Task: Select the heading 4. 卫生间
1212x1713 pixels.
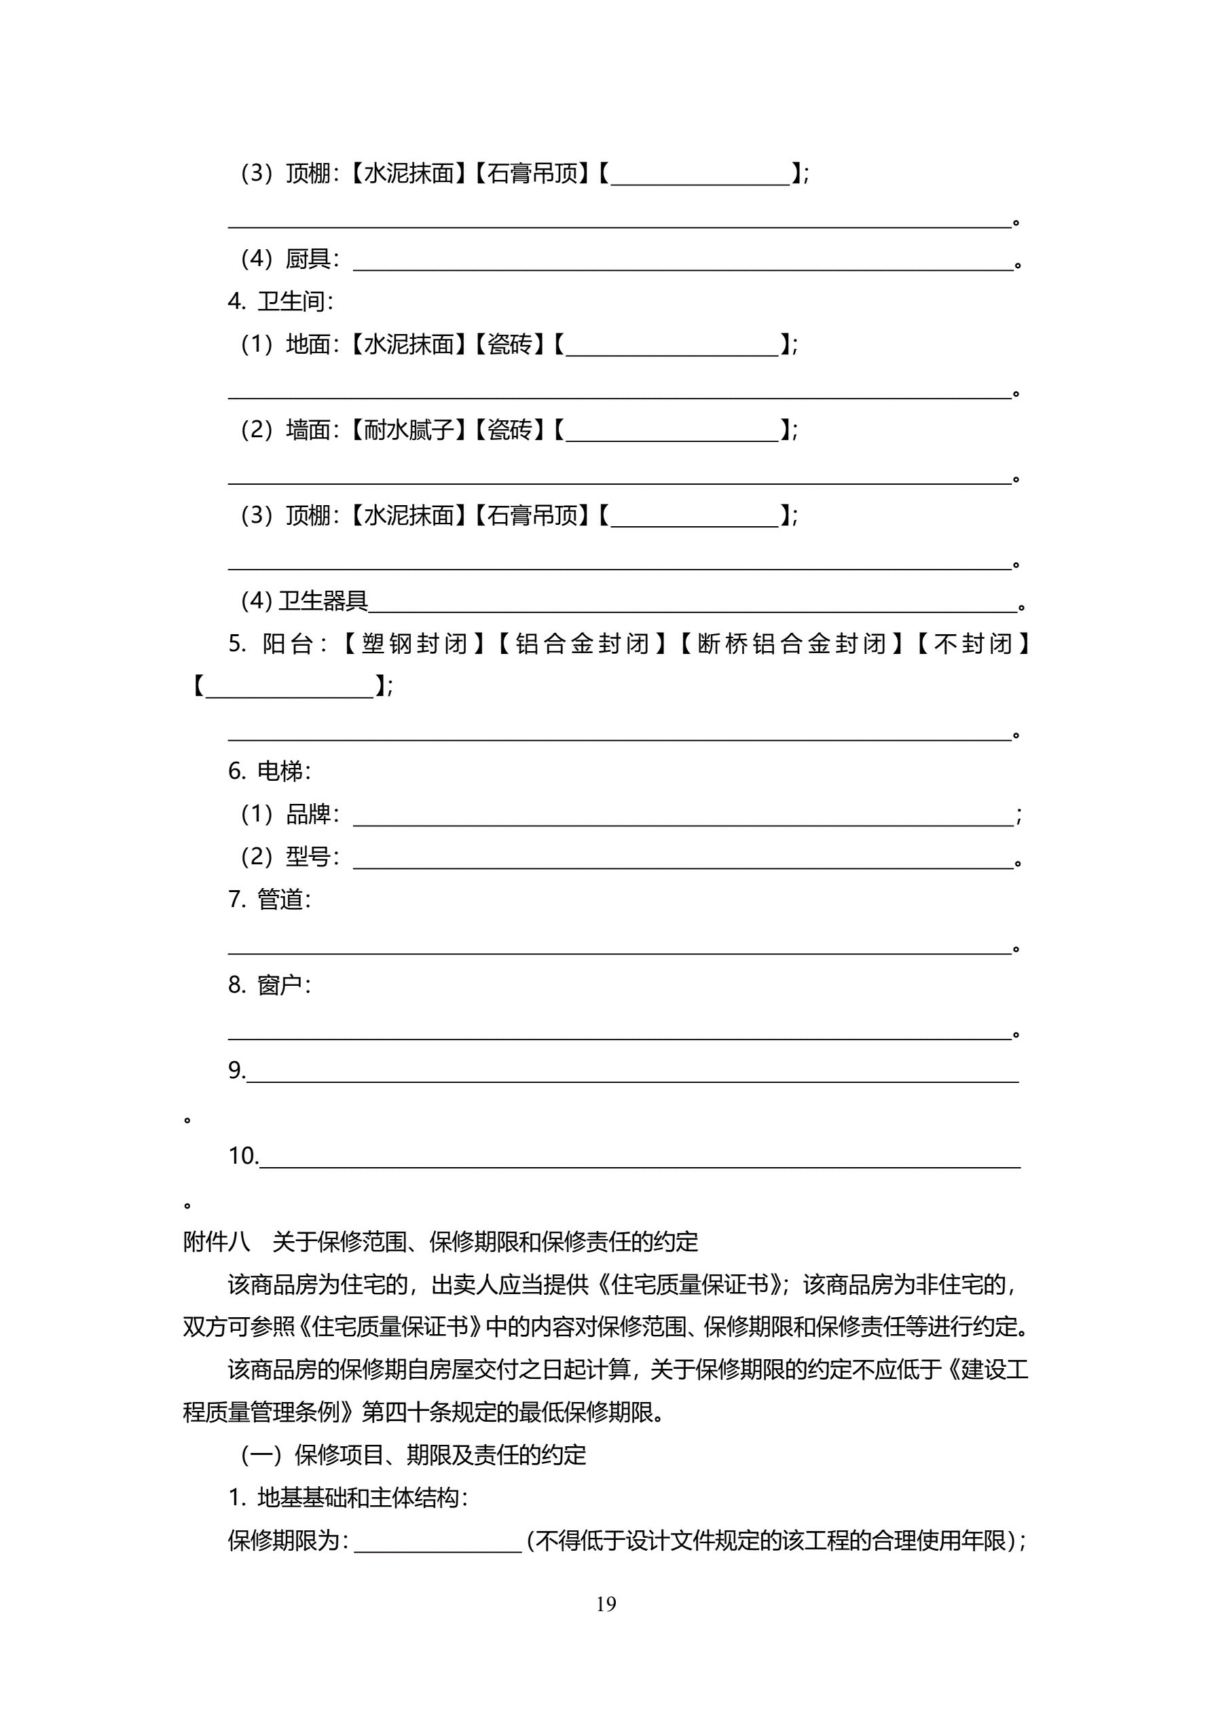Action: click(x=280, y=301)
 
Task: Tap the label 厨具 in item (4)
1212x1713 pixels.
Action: click(x=308, y=259)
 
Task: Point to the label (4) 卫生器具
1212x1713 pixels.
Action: click(x=304, y=601)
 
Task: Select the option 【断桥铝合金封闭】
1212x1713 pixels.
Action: click(x=792, y=644)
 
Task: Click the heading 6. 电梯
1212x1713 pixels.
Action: click(x=269, y=771)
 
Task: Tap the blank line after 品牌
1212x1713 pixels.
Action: click(x=683, y=816)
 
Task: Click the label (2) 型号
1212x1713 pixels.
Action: click(x=289, y=857)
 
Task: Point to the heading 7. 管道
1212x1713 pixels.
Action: click(x=269, y=900)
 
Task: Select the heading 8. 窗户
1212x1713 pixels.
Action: click(x=269, y=985)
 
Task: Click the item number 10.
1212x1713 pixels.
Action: click(x=242, y=1156)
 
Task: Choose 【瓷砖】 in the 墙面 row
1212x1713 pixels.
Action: click(x=510, y=430)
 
